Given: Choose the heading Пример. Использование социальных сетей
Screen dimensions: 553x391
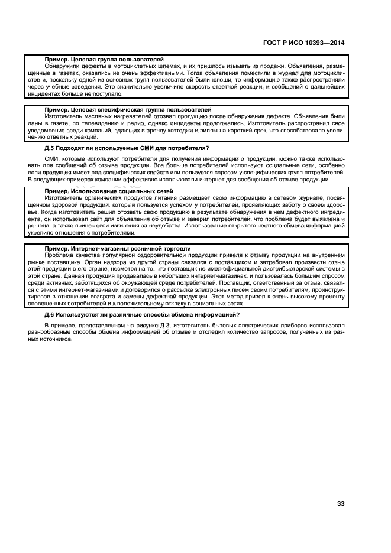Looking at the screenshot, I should [109, 191].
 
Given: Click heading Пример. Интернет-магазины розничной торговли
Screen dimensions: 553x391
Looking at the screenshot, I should [118, 249].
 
